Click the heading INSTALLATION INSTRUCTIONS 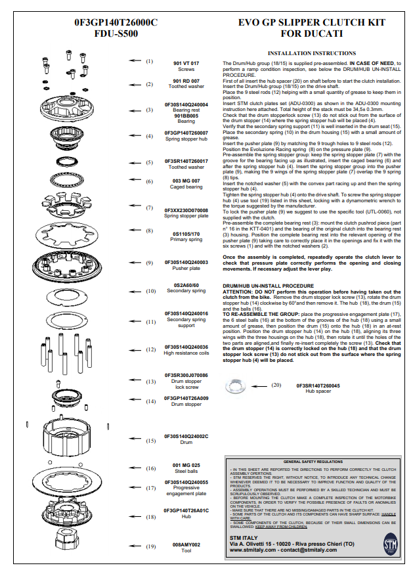click(312, 53)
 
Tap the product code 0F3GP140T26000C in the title click(116, 22)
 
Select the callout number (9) click(150, 262)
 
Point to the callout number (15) click(150, 441)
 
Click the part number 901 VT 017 click(186, 62)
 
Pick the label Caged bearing click(186, 187)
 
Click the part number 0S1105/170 click(186, 233)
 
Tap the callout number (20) click(276, 385)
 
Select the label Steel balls click(186, 471)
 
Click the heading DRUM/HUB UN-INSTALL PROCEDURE click(268, 286)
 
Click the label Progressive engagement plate click(186, 491)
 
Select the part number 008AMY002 click(186, 544)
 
